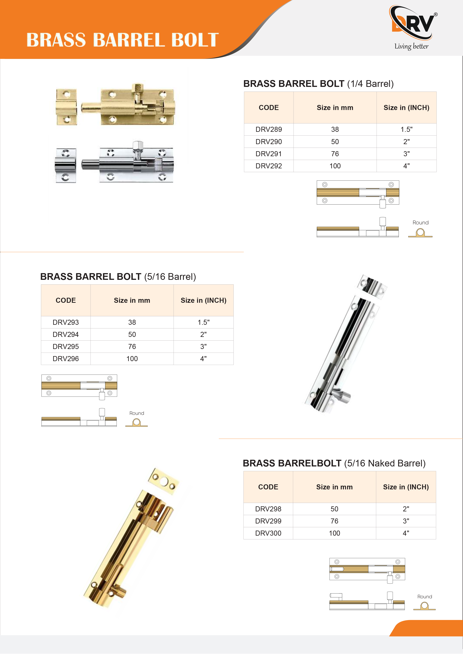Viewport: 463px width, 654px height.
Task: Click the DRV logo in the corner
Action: pyautogui.click(x=413, y=23)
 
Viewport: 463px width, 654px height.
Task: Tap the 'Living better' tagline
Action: pyautogui.click(x=411, y=46)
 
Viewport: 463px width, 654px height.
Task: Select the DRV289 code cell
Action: pyautogui.click(x=268, y=129)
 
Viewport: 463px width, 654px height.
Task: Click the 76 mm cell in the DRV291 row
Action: pyautogui.click(x=335, y=154)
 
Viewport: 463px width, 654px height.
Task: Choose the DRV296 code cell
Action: pyautogui.click(x=66, y=359)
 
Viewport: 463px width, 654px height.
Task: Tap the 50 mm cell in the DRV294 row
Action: pyautogui.click(x=132, y=334)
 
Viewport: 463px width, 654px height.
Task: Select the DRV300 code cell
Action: pyautogui.click(x=268, y=533)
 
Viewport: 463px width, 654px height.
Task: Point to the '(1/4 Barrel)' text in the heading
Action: pyautogui.click(x=370, y=84)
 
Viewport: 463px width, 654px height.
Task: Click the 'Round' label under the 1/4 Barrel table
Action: pyautogui.click(x=420, y=222)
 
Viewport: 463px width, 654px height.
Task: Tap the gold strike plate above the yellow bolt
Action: pyautogui.click(x=164, y=481)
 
